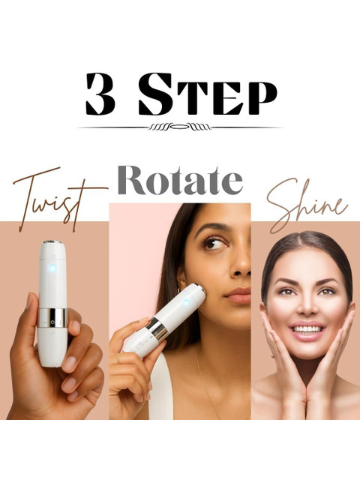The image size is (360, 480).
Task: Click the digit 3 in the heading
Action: (x=100, y=94)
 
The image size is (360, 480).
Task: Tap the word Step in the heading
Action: (x=208, y=94)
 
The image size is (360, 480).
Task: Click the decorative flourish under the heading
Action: (x=180, y=127)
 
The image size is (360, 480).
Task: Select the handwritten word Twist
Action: (x=60, y=199)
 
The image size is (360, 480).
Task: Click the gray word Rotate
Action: (x=180, y=180)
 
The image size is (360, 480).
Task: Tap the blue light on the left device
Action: (x=52, y=268)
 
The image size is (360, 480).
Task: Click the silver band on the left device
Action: (x=52, y=318)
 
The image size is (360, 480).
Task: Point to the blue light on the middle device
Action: (x=186, y=303)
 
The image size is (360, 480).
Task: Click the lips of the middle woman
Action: (x=238, y=295)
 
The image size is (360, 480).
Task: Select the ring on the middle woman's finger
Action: (x=118, y=358)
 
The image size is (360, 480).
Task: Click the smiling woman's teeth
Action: (x=307, y=329)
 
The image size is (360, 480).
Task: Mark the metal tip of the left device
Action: (x=52, y=241)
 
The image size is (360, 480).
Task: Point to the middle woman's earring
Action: (x=179, y=290)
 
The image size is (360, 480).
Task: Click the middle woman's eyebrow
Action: (x=214, y=227)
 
